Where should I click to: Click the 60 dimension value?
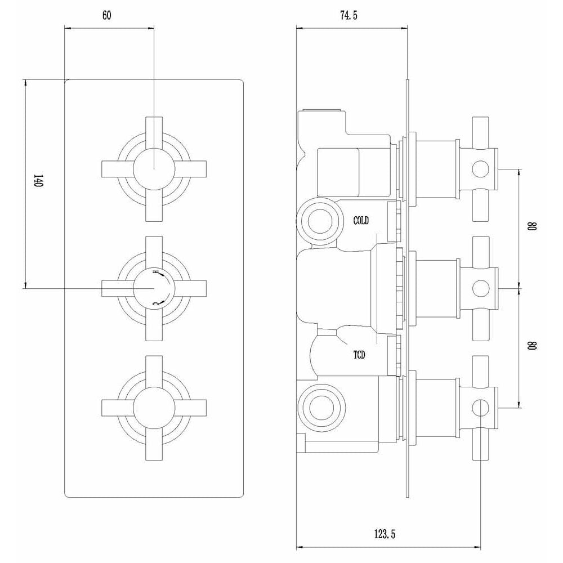(107, 15)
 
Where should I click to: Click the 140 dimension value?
(38, 181)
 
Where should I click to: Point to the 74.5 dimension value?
(349, 15)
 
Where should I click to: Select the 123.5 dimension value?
(385, 534)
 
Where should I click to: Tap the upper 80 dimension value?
(532, 226)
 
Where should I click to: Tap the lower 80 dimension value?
(532, 346)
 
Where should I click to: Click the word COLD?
(361, 221)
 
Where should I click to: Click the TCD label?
(359, 355)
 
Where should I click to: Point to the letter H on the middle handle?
(155, 272)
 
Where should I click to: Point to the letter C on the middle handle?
(155, 303)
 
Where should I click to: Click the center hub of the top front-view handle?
(154, 169)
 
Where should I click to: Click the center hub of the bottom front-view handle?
(154, 408)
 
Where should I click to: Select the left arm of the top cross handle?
(118, 169)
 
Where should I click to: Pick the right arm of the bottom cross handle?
(190, 408)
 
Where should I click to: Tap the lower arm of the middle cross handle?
(154, 325)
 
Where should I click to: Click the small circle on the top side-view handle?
(480, 169)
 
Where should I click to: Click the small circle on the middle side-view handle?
(480, 288)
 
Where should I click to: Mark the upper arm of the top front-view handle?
(154, 133)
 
